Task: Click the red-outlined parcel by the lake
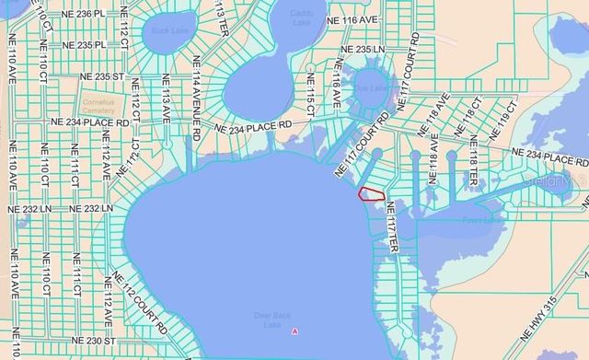click(370, 194)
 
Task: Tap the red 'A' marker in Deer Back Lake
click(294, 331)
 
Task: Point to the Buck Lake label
click(162, 31)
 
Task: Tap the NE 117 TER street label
click(391, 228)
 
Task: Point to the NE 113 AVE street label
click(167, 103)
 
